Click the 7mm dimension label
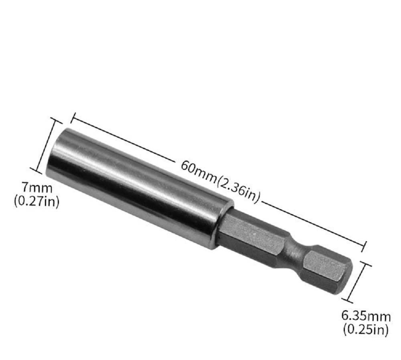[x=37, y=188]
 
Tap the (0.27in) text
[x=36, y=201]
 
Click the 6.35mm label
[x=366, y=317]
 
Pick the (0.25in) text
[x=366, y=329]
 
